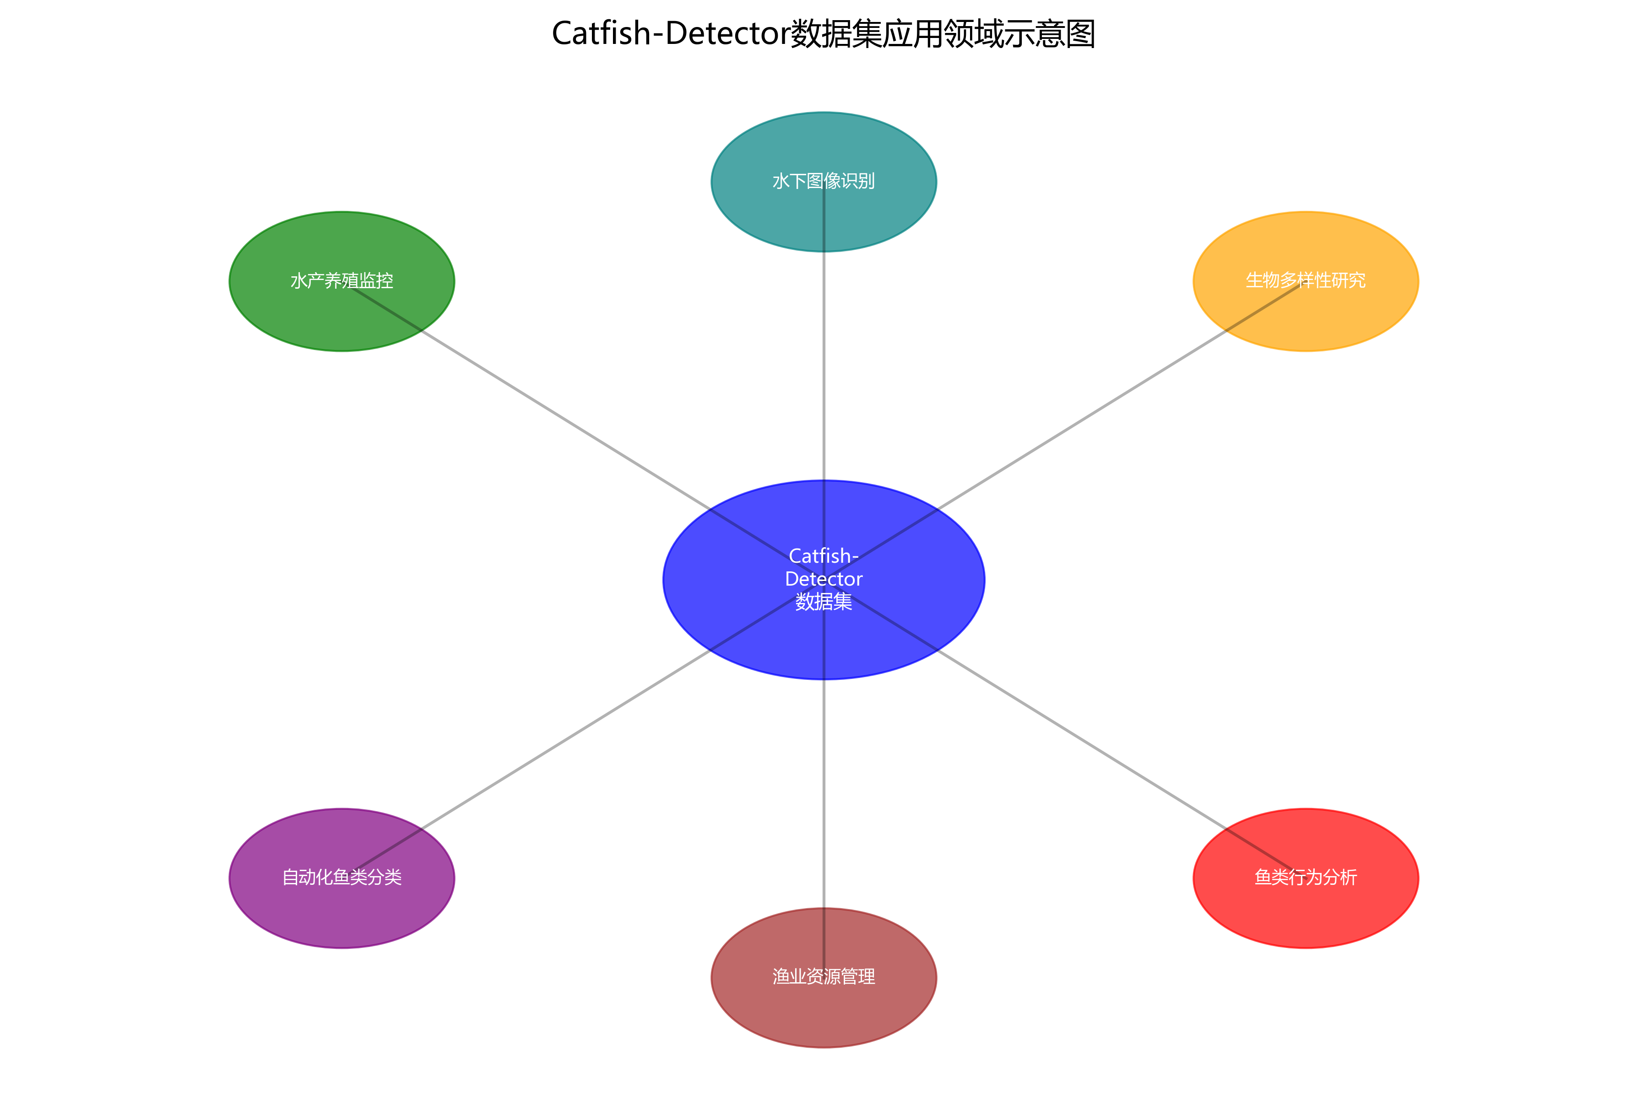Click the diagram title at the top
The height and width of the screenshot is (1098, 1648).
pyautogui.click(x=824, y=33)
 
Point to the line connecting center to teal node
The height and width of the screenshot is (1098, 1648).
pyautogui.click(x=824, y=364)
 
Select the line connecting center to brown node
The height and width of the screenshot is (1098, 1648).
pyautogui.click(x=824, y=791)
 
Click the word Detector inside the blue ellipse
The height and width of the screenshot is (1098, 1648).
pyautogui.click(x=824, y=579)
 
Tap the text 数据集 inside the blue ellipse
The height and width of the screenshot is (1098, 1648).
pyautogui.click(x=824, y=602)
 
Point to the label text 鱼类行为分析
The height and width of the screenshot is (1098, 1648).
pyautogui.click(x=1306, y=877)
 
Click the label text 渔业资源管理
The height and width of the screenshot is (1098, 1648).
pyautogui.click(x=824, y=977)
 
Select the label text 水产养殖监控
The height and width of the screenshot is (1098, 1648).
pyautogui.click(x=342, y=281)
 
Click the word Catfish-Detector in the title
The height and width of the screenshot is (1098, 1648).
pyautogui.click(x=671, y=33)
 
